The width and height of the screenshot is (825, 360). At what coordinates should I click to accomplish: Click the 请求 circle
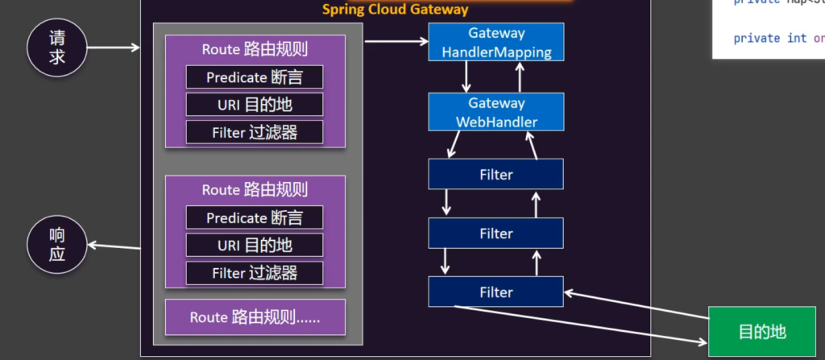(x=56, y=48)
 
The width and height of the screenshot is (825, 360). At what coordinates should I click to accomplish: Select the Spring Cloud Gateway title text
(x=395, y=10)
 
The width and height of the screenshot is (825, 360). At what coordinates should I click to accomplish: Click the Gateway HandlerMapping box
(x=496, y=43)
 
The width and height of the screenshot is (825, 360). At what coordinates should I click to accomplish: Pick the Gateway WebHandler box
(x=496, y=112)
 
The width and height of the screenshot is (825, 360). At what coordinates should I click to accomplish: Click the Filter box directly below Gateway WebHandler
(x=496, y=174)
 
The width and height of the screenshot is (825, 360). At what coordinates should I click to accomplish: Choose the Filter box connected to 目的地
(x=496, y=292)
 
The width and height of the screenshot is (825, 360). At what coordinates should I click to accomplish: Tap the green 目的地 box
(x=761, y=332)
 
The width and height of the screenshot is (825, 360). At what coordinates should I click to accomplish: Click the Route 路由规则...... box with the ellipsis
(x=255, y=317)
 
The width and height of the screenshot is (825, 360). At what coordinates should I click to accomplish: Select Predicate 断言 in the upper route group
(x=255, y=77)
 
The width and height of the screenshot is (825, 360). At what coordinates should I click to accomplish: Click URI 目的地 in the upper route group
(x=255, y=105)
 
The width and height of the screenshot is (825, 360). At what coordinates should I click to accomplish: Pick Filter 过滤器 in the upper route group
(x=255, y=132)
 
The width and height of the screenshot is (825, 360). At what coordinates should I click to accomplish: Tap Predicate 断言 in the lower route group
(x=255, y=217)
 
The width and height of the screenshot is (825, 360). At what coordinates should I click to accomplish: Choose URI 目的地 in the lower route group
(x=255, y=245)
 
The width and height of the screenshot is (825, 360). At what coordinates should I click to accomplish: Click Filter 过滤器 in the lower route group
(x=255, y=272)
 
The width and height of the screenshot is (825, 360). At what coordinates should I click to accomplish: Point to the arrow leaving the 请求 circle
(x=113, y=48)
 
